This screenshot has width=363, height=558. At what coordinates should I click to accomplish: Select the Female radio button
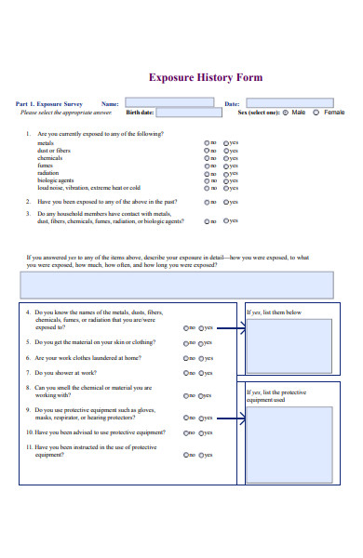pyautogui.click(x=316, y=113)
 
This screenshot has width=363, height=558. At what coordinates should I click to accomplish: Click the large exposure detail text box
pyautogui.click(x=176, y=285)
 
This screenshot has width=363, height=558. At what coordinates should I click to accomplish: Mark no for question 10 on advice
pyautogui.click(x=187, y=433)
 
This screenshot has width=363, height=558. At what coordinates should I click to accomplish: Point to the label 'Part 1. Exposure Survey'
pyautogui.click(x=48, y=104)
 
